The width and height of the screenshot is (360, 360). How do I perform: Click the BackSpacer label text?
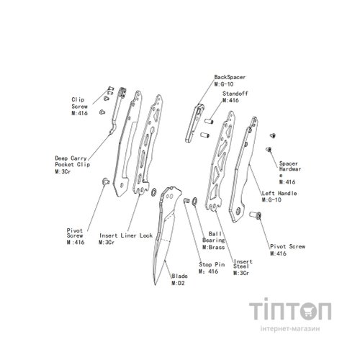click(230, 77)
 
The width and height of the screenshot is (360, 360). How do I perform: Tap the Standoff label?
click(235, 94)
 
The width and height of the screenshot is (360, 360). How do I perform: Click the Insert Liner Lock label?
click(126, 235)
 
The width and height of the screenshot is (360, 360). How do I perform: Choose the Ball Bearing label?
click(214, 237)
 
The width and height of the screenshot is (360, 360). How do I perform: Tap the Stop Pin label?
click(212, 264)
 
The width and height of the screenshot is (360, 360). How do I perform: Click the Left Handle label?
click(279, 193)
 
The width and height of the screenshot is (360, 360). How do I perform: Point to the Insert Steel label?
click(243, 264)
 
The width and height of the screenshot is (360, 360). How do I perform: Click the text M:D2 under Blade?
click(178, 283)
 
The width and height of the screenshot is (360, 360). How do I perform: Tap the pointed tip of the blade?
click(155, 284)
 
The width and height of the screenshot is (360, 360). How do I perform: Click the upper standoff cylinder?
click(209, 121)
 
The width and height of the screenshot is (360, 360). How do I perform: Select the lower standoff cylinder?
click(204, 135)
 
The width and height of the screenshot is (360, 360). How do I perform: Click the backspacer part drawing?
click(194, 123)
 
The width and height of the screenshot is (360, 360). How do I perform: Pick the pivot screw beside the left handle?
click(256, 215)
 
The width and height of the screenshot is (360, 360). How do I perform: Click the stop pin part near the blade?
click(186, 200)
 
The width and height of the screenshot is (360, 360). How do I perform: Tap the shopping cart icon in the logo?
click(308, 311)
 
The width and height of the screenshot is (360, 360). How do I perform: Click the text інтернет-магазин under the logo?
click(290, 328)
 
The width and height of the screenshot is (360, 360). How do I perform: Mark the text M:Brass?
click(214, 247)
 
